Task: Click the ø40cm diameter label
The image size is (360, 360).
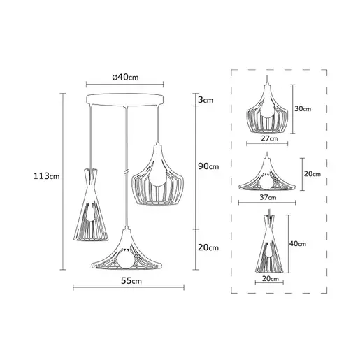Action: (x=125, y=77)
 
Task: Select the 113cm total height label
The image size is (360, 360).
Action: (x=47, y=176)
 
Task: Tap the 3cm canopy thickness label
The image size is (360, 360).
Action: (x=206, y=100)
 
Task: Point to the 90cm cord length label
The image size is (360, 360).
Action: (x=208, y=166)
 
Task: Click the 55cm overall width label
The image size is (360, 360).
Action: (x=131, y=281)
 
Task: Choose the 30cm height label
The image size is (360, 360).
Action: (x=303, y=108)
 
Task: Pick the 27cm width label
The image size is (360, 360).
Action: (x=269, y=138)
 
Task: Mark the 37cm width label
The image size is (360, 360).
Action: (x=268, y=197)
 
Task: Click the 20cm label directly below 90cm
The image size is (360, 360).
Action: (x=208, y=247)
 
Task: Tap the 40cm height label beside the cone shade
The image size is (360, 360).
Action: (x=298, y=243)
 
